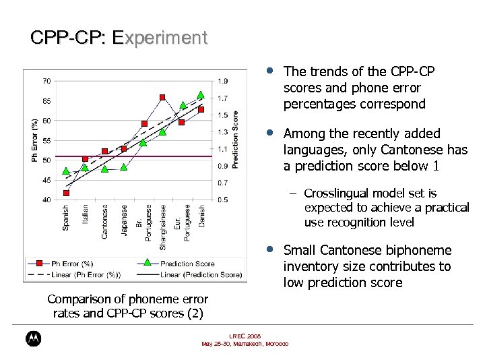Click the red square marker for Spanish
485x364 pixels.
point(66,193)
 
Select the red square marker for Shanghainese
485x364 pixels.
point(162,97)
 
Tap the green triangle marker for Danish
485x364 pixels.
point(201,95)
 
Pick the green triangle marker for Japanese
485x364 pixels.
point(124,166)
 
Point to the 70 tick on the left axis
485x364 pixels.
point(46,81)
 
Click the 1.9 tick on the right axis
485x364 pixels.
point(222,81)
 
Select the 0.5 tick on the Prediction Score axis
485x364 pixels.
point(222,200)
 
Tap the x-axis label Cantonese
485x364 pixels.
point(104,222)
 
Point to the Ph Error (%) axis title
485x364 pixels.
point(34,140)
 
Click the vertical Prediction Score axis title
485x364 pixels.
point(235,140)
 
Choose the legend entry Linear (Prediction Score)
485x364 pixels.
point(201,274)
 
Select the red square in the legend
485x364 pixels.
point(40,263)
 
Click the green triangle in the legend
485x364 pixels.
point(148,262)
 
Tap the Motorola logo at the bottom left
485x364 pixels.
point(32,339)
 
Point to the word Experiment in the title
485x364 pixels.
point(160,38)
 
